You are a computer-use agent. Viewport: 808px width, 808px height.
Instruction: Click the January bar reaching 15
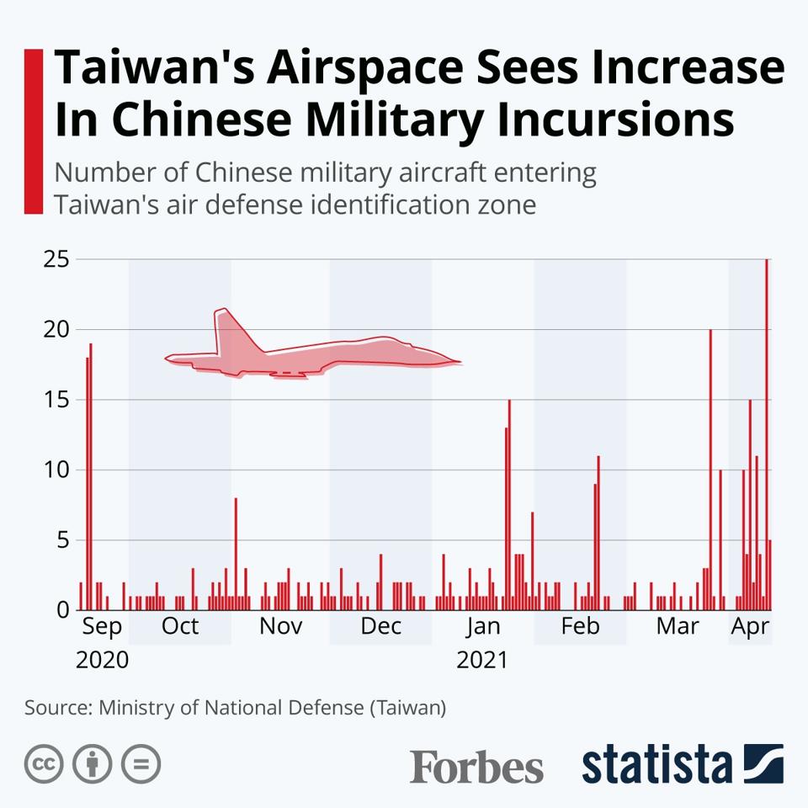coord(509,505)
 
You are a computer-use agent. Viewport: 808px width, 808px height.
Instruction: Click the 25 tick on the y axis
coord(56,258)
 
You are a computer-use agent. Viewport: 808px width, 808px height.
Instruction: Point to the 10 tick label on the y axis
coord(56,469)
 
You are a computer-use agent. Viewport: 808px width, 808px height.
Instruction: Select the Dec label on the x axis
coord(380,626)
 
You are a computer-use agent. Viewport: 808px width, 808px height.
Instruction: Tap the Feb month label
coord(580,626)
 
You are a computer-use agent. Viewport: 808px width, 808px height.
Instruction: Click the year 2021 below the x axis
coord(482,660)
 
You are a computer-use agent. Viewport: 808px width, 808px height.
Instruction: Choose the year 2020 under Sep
coord(102,660)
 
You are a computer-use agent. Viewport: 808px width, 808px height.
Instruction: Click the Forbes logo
coord(476,767)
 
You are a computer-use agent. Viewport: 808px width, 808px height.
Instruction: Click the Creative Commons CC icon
coord(45,764)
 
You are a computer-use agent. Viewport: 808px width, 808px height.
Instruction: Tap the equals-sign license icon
coord(141,764)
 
